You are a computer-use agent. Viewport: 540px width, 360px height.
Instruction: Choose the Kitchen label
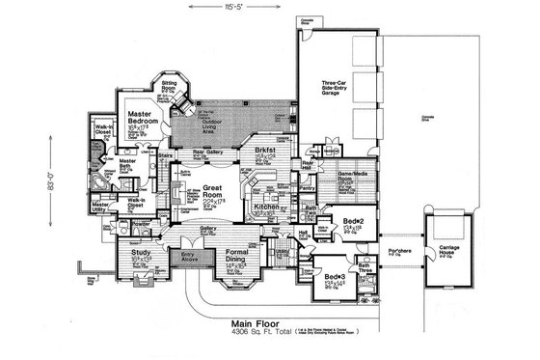click(x=266, y=206)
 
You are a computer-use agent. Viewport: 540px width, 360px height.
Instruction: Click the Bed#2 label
click(x=351, y=222)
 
